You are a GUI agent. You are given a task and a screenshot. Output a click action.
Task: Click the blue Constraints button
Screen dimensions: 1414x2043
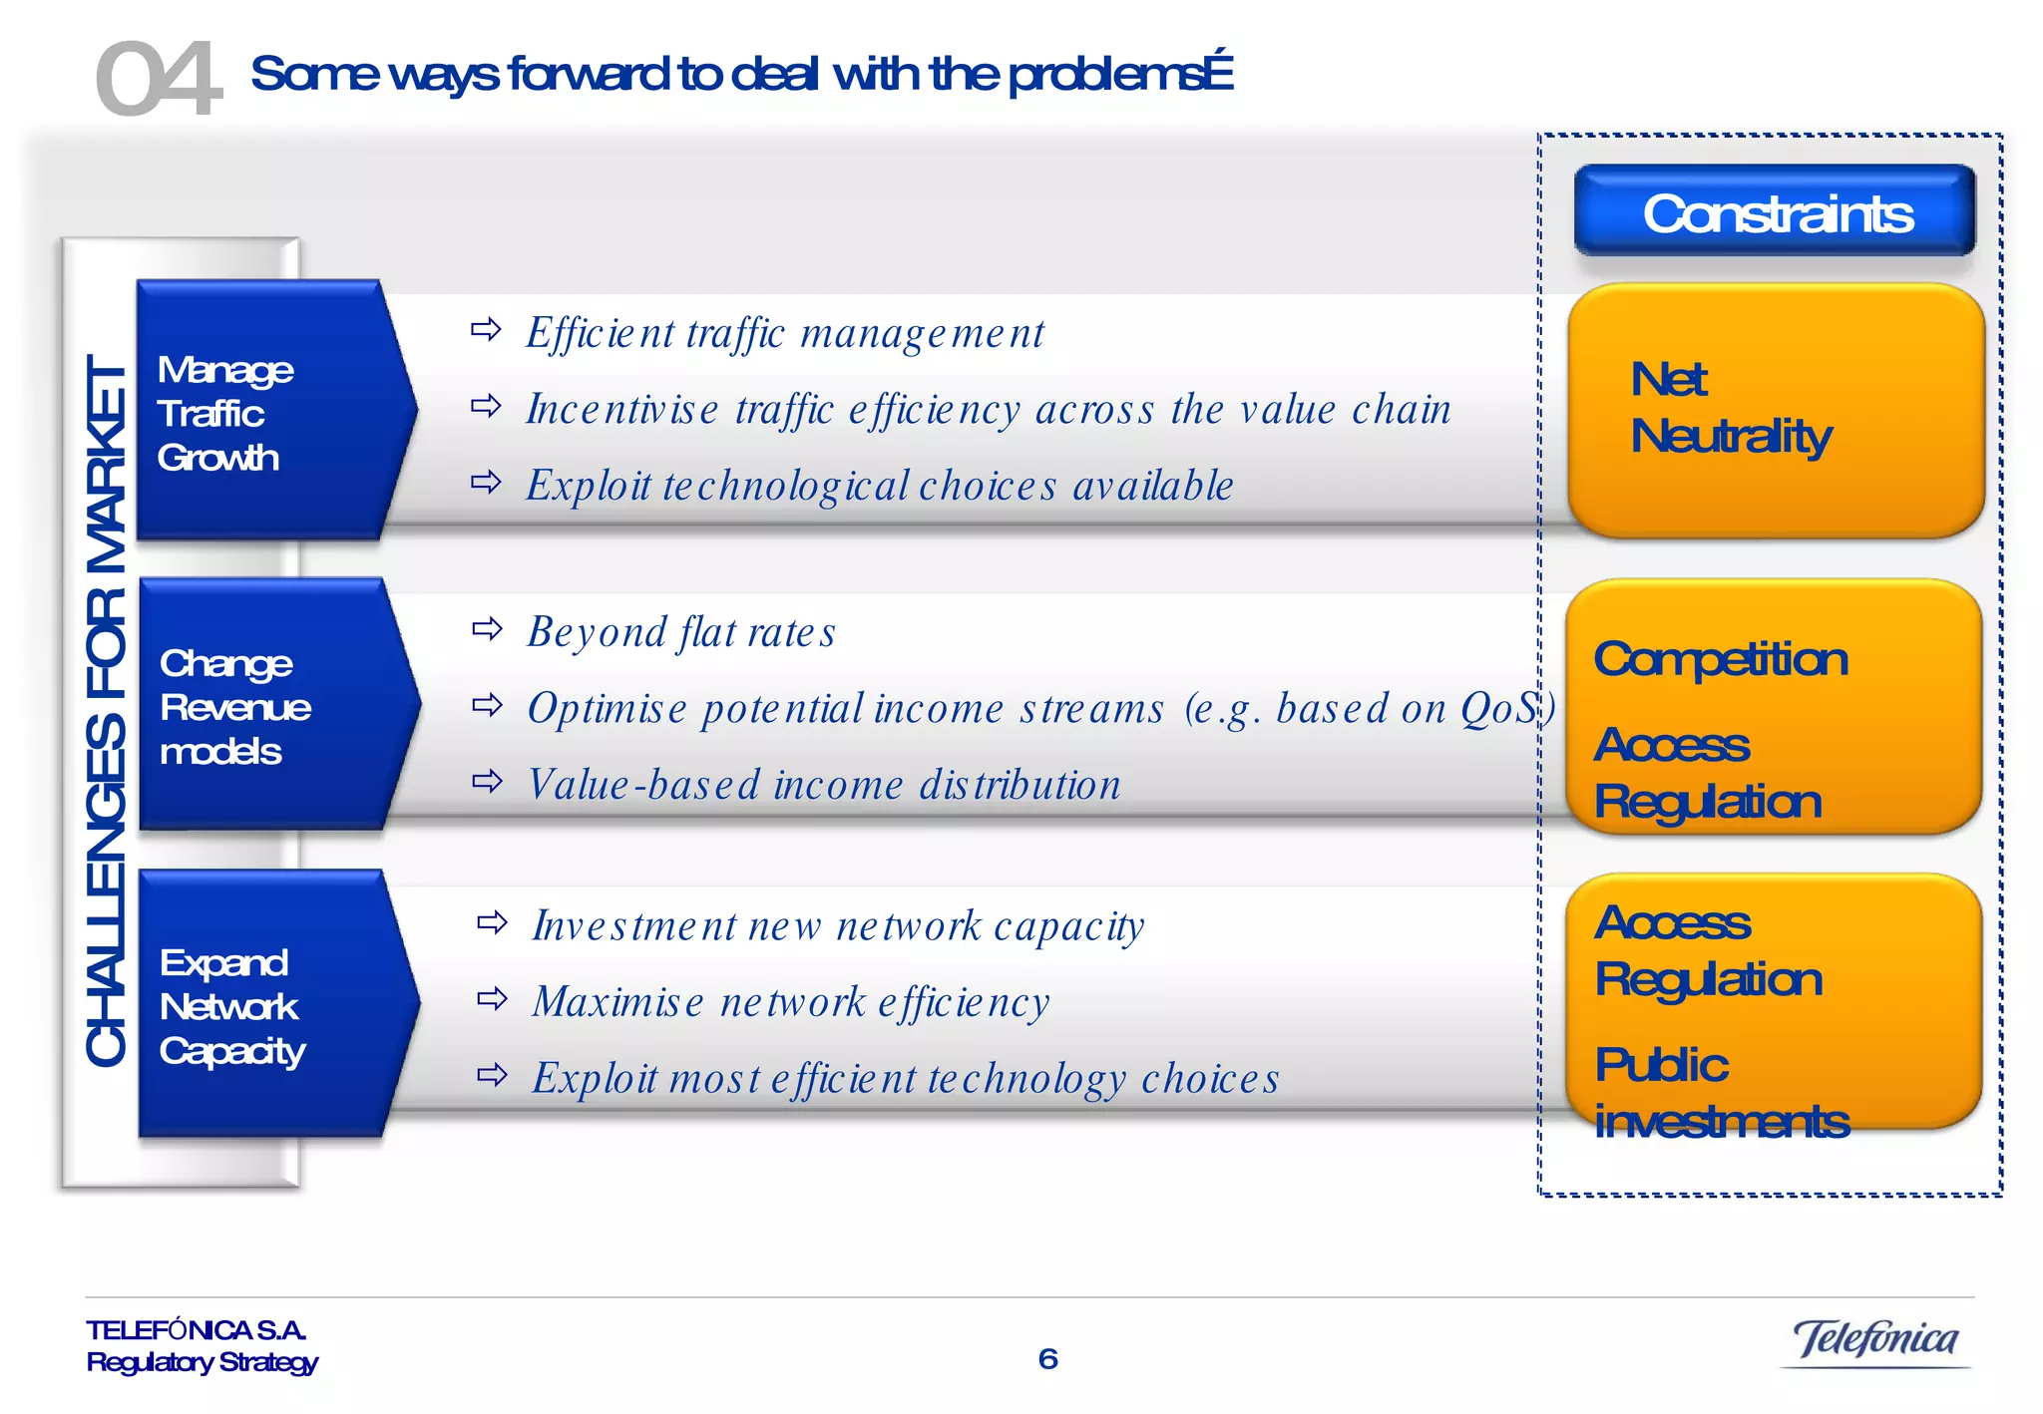[1775, 212]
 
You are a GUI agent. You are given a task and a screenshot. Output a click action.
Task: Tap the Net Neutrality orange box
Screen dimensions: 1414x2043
[1775, 409]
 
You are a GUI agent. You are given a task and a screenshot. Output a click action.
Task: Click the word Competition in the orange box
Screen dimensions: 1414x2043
[1720, 660]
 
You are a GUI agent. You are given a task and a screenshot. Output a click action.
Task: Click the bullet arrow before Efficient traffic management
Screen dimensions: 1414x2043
[486, 329]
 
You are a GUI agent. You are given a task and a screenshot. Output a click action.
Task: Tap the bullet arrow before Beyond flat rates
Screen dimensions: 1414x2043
[487, 628]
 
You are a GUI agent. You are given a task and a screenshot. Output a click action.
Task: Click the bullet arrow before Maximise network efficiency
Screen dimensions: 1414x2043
[492, 998]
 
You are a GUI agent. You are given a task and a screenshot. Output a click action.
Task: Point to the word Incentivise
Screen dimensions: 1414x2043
[621, 410]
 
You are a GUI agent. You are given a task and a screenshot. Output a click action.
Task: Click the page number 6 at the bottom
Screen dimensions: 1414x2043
[1047, 1359]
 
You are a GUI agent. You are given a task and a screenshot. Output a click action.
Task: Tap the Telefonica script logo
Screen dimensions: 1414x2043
[1874, 1339]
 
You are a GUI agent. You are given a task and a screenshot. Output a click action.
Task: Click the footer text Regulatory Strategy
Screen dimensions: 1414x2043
[202, 1362]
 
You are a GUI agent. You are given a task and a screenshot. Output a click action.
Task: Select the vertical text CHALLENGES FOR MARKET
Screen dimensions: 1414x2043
[106, 710]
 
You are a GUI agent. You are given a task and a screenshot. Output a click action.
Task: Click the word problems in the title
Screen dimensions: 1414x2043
[1107, 75]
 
